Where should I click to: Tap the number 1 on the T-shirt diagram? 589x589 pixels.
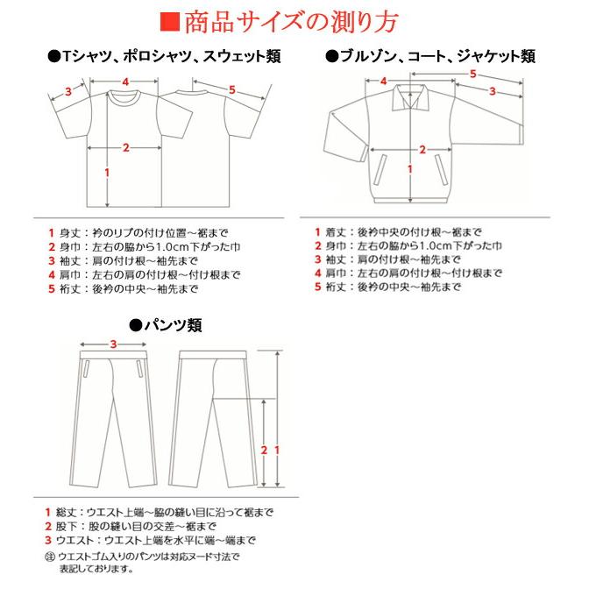click(106, 173)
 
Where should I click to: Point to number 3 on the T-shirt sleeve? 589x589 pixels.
click(67, 89)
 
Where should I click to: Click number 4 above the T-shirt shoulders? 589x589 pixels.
click(126, 82)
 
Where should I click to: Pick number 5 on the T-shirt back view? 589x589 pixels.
click(232, 89)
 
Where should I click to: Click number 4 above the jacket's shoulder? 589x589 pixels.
click(384, 82)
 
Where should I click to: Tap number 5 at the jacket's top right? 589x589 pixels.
click(473, 75)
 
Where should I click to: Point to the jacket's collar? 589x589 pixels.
click(409, 95)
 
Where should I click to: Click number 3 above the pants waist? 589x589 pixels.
click(114, 344)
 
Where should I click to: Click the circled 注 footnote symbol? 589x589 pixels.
click(49, 556)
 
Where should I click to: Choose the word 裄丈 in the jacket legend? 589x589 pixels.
click(335, 287)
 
